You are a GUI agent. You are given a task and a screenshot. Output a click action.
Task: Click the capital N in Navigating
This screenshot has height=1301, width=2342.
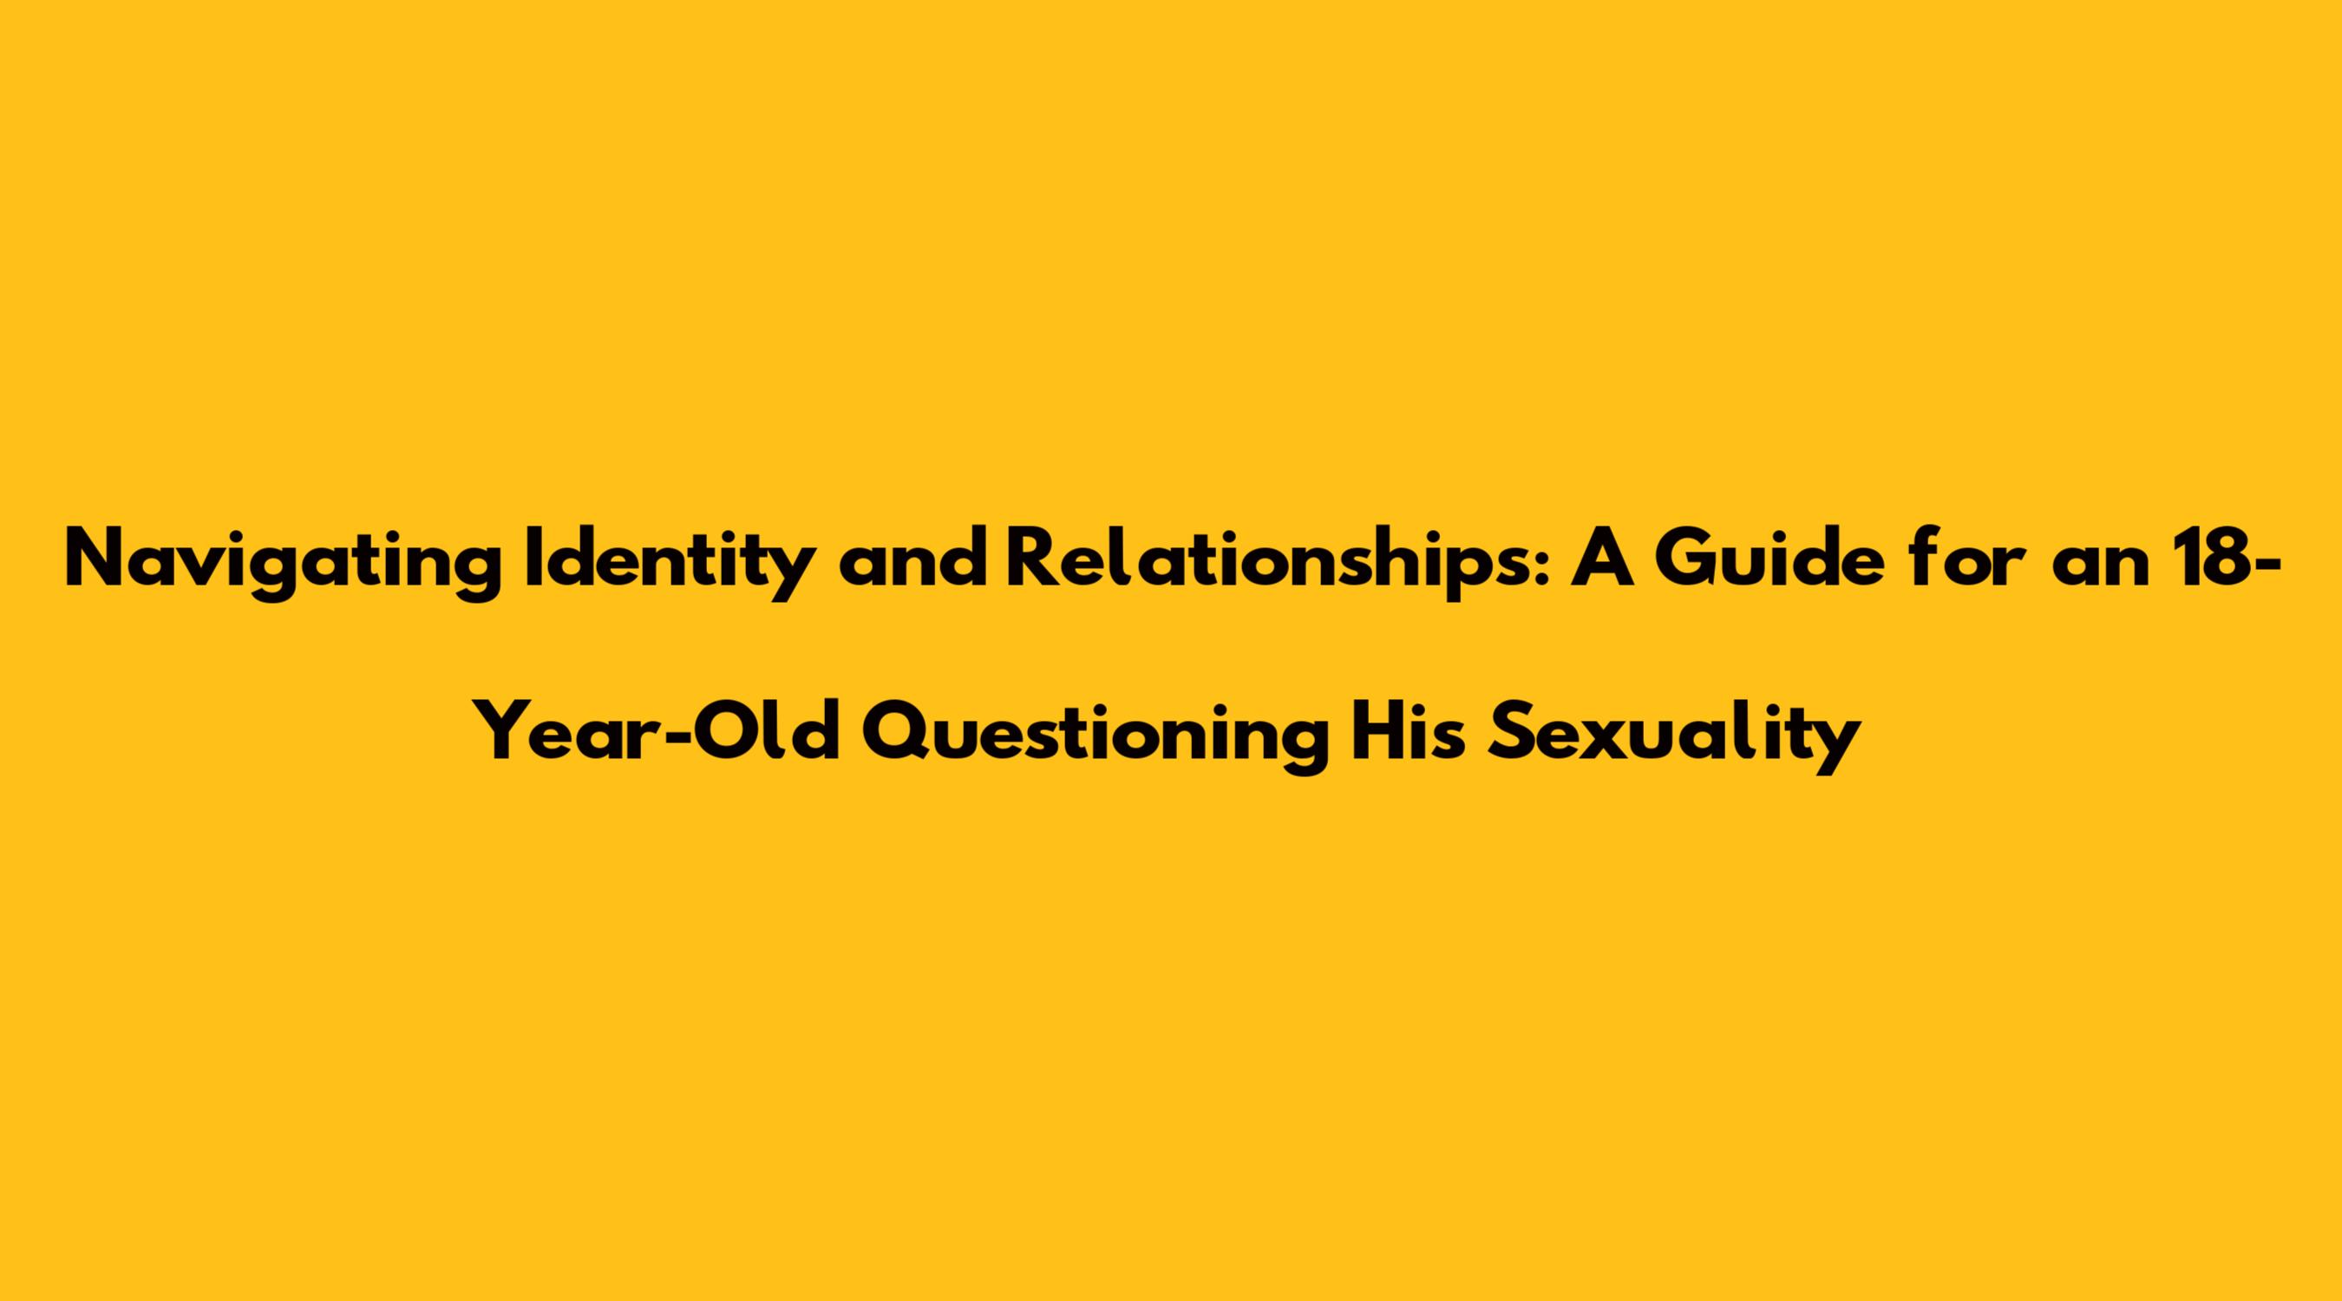pyautogui.click(x=95, y=560)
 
